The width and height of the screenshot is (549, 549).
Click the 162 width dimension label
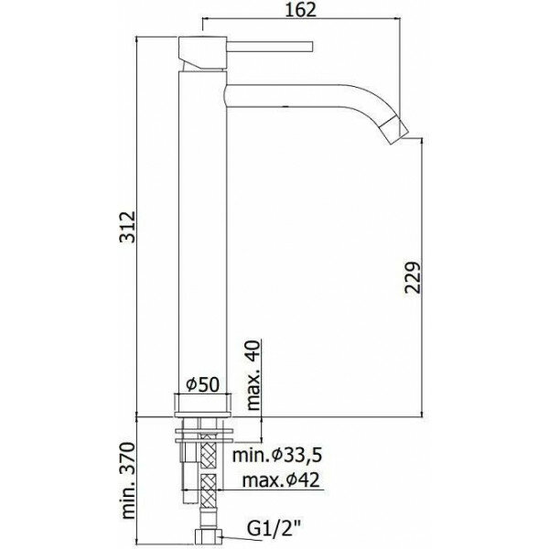coord(301,10)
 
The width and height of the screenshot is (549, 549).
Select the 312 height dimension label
coord(127,227)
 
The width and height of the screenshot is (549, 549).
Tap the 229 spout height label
coord(413,277)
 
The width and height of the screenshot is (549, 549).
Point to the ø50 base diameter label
coord(202,384)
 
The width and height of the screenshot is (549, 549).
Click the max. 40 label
coord(253,375)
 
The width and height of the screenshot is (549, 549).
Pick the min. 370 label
coord(127,480)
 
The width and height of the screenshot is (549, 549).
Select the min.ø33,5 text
coord(277,456)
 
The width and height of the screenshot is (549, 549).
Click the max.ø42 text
coord(281,480)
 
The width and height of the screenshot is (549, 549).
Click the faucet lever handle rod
coord(270,47)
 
